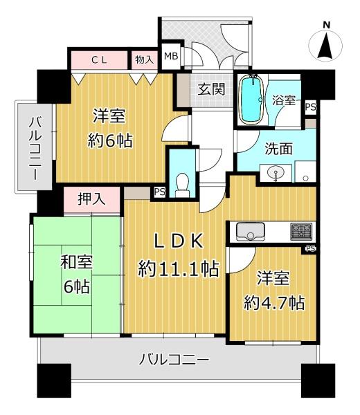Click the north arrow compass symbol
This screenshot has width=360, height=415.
coord(327,44)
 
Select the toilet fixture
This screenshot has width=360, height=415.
coord(183,183)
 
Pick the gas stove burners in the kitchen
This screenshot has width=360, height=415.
coord(301,231)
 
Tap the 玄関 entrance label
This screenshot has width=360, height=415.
coord(210,89)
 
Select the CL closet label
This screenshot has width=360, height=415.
coord(100,60)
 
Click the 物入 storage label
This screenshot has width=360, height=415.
coord(144,60)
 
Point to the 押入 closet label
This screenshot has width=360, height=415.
coord(92,200)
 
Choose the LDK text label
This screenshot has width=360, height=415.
coord(177,241)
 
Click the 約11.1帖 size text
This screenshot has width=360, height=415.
coord(178,269)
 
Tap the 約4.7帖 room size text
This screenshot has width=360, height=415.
coord(274,302)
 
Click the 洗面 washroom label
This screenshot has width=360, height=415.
coord(277,147)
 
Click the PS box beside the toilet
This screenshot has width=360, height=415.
coord(159,192)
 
